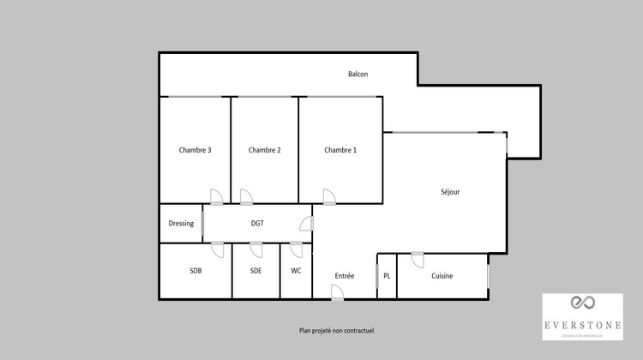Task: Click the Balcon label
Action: [358, 75]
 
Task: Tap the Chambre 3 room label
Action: [195, 150]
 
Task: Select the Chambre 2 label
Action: [265, 150]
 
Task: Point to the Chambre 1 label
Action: [340, 150]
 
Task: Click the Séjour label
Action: [450, 192]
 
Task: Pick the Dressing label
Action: [181, 224]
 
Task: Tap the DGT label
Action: [257, 224]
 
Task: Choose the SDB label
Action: [196, 271]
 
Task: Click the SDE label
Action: [256, 271]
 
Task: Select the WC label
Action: [296, 271]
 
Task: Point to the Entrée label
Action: [345, 276]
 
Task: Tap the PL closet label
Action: [387, 276]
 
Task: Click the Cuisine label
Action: [442, 276]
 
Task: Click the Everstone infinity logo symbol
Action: [582, 302]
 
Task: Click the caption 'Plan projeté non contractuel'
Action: [337, 330]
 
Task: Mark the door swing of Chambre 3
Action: [217, 197]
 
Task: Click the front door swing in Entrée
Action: [338, 293]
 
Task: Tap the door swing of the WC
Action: [296, 249]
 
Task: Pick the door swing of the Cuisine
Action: [418, 260]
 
